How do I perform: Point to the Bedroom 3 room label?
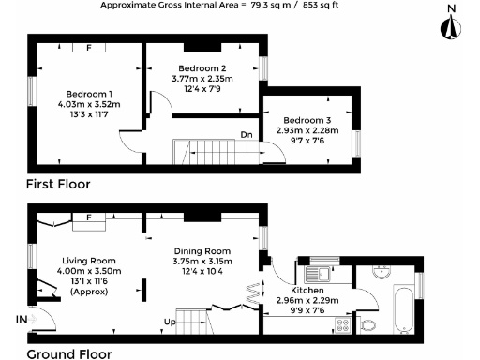coord(307,120)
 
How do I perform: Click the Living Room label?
coord(88,260)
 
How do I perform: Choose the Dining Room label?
coord(202,251)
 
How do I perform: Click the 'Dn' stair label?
coord(246,135)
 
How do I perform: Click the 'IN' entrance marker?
coord(21,320)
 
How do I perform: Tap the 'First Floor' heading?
coord(58,184)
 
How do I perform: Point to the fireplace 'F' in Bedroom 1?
coord(89,46)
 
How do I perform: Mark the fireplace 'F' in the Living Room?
coord(89,217)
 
